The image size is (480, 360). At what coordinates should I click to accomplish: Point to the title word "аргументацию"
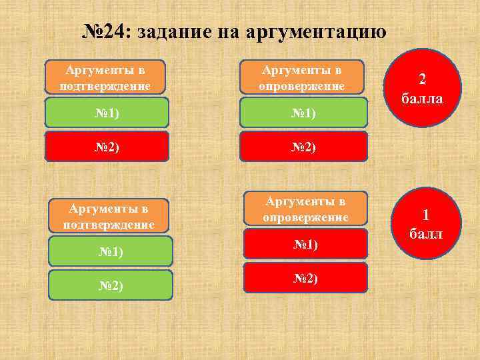point(316,31)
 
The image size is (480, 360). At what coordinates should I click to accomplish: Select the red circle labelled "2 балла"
point(422,87)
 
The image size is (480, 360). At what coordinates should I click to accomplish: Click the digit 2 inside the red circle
point(422,79)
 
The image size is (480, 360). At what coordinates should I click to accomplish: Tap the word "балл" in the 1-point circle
point(422,235)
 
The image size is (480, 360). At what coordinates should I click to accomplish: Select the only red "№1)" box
point(305,245)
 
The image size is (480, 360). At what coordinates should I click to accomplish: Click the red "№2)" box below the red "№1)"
point(305,278)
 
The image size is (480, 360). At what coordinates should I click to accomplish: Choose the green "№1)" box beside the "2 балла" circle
point(304,113)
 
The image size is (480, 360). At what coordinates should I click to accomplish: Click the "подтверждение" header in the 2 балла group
point(105,77)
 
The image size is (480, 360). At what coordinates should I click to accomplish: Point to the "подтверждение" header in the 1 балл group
point(109,216)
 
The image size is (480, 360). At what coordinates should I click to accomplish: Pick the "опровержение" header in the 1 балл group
point(305,209)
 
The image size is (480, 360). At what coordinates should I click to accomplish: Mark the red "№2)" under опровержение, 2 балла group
point(304,147)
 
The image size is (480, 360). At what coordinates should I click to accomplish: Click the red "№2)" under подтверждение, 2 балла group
point(107,147)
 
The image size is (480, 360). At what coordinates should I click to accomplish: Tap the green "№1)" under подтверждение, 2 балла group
point(107,113)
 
